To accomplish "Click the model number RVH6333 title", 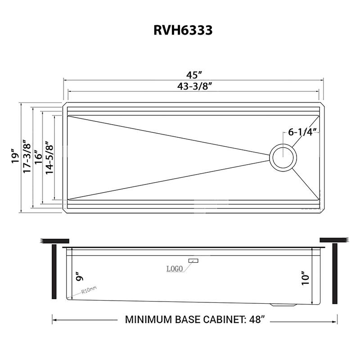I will pyautogui.click(x=180, y=30).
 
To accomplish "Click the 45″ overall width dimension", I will pyautogui.click(x=193, y=74).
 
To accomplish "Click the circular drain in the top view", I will pyautogui.click(x=283, y=157).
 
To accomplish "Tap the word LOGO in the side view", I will pyautogui.click(x=174, y=269).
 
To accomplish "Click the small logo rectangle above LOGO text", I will pyautogui.click(x=194, y=261).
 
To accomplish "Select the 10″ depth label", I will pyautogui.click(x=306, y=278).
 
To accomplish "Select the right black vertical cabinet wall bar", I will pyautogui.click(x=334, y=273).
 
